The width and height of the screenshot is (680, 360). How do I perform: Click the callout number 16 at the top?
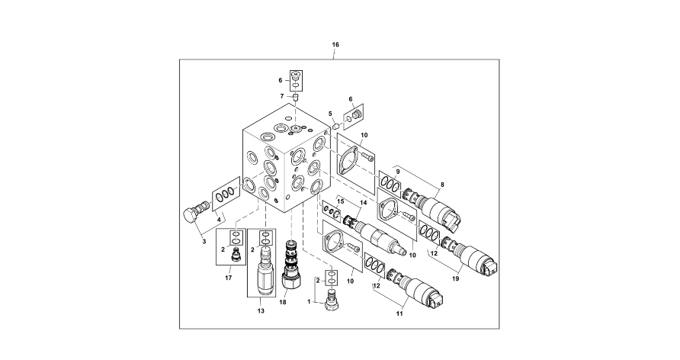(x=335, y=45)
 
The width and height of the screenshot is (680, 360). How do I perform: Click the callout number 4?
(x=221, y=220)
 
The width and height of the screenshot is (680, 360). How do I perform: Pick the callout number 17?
(x=228, y=278)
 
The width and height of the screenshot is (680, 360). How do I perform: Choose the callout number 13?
(x=261, y=311)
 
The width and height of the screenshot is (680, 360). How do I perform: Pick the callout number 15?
(x=341, y=201)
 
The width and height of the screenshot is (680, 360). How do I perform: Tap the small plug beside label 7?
(x=296, y=97)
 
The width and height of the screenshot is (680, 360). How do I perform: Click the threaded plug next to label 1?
(x=332, y=299)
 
